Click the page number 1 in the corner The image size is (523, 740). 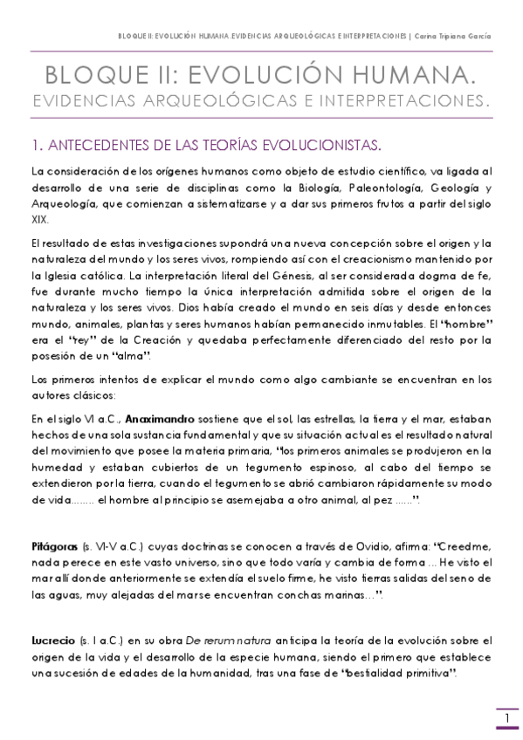(506, 718)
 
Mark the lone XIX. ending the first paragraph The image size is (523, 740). (38, 220)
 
